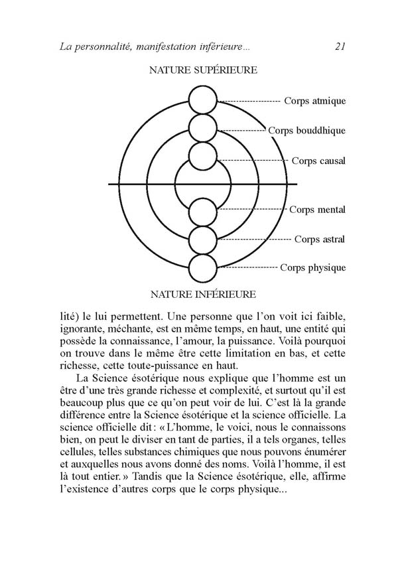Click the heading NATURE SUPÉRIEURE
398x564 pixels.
pyautogui.click(x=203, y=70)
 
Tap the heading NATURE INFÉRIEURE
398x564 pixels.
pyautogui.click(x=203, y=294)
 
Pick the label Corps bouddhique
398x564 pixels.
pyautogui.click(x=306, y=131)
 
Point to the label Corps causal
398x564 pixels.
pyautogui.click(x=318, y=161)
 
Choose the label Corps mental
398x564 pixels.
pyautogui.click(x=317, y=210)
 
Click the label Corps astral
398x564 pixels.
pyautogui.click(x=320, y=239)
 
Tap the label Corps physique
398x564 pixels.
pyautogui.click(x=313, y=268)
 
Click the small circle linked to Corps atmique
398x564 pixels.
pyautogui.click(x=203, y=101)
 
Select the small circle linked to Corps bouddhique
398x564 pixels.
pyautogui.click(x=203, y=129)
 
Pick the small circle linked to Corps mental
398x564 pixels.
pyautogui.click(x=203, y=213)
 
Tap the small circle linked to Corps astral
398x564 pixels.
pyautogui.click(x=203, y=240)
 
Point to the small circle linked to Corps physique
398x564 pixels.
pyautogui.click(x=203, y=268)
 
